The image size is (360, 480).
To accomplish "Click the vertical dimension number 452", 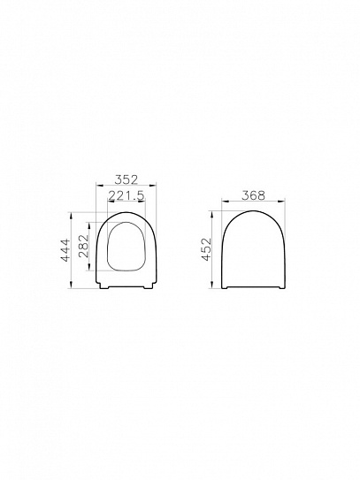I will pyautogui.click(x=206, y=250).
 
